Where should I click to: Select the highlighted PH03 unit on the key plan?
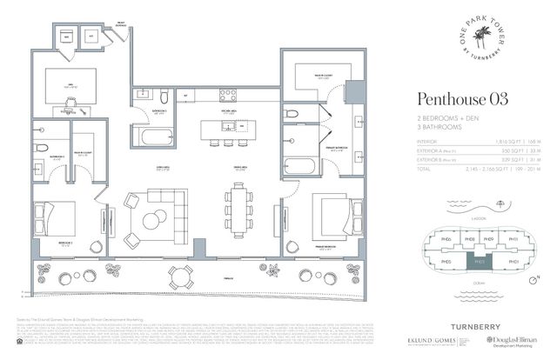click(478, 259)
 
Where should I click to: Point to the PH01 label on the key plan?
click(513, 260)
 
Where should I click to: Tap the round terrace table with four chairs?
click(181, 276)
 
